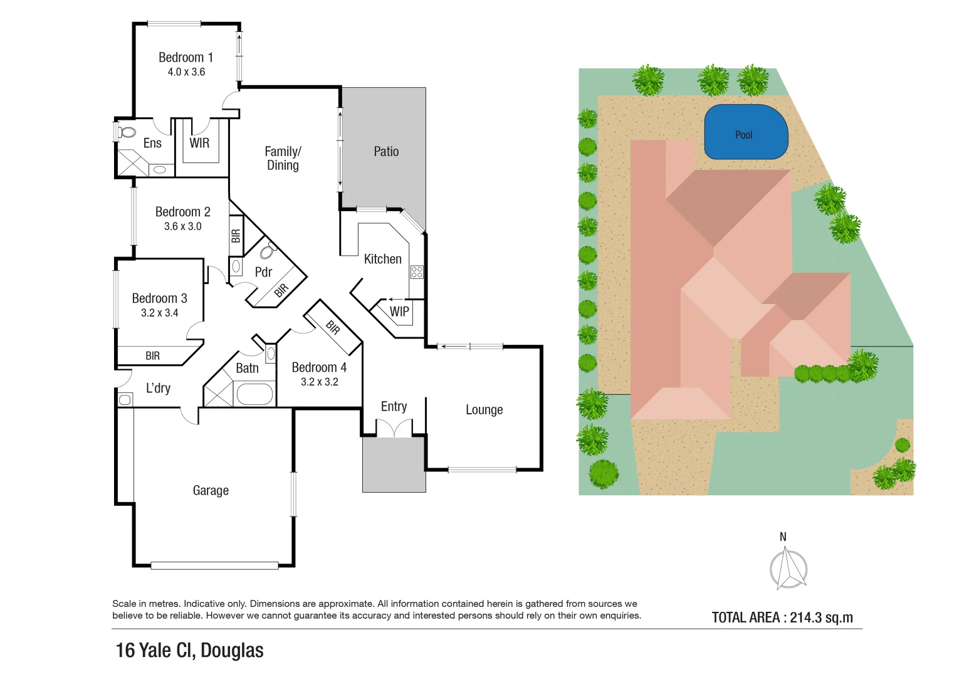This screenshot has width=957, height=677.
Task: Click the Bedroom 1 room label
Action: click(x=186, y=58)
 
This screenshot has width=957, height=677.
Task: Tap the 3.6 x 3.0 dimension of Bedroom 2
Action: click(x=183, y=226)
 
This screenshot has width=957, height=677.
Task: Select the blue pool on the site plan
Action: click(x=745, y=132)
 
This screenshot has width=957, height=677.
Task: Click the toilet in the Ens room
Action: click(x=127, y=132)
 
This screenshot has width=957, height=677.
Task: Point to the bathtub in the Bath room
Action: click(x=254, y=394)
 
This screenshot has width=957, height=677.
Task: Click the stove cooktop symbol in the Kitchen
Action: click(x=417, y=271)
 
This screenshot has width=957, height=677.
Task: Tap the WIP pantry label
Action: click(x=399, y=312)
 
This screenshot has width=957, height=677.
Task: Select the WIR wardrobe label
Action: click(x=199, y=143)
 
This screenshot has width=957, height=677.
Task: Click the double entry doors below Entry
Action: click(x=394, y=428)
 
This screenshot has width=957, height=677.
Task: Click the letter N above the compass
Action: click(x=783, y=537)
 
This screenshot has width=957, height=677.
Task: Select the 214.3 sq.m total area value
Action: click(x=821, y=617)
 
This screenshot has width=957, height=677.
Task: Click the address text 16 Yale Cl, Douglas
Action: click(x=189, y=651)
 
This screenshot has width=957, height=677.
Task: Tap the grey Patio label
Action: click(x=386, y=152)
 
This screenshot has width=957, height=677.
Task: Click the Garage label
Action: click(x=211, y=490)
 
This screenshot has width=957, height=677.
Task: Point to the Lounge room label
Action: click(x=484, y=410)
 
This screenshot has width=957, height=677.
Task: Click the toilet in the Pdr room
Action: click(x=268, y=251)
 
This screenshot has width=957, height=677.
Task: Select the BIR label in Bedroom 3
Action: click(x=152, y=356)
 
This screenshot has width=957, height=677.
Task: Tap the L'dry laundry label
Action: click(x=158, y=388)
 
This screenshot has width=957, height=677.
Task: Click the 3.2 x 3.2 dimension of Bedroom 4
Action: click(x=319, y=382)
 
